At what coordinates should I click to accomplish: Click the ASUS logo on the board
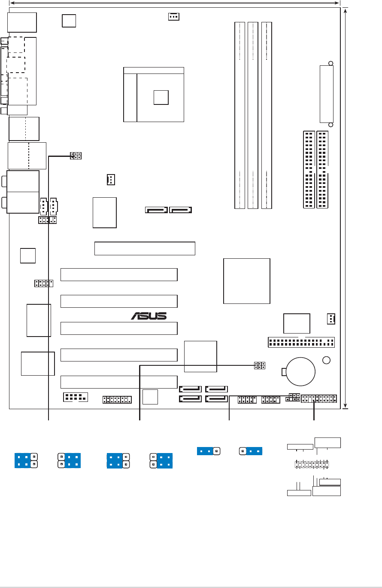[149, 316]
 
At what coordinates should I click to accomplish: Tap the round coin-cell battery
[300, 371]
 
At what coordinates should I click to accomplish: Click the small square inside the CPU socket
[161, 98]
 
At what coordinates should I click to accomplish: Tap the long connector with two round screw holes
[326, 94]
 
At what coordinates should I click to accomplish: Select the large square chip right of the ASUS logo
[247, 281]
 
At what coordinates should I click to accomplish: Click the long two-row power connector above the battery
[301, 343]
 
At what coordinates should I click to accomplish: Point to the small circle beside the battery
[327, 359]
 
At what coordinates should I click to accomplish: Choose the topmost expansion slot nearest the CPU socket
[145, 248]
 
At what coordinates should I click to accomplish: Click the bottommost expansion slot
[119, 382]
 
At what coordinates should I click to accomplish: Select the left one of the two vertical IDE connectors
[309, 169]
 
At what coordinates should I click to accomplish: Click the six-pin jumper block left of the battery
[259, 366]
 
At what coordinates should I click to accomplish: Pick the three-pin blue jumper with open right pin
[208, 451]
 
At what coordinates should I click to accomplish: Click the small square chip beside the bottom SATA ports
[150, 397]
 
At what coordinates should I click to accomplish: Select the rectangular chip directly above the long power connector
[297, 323]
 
